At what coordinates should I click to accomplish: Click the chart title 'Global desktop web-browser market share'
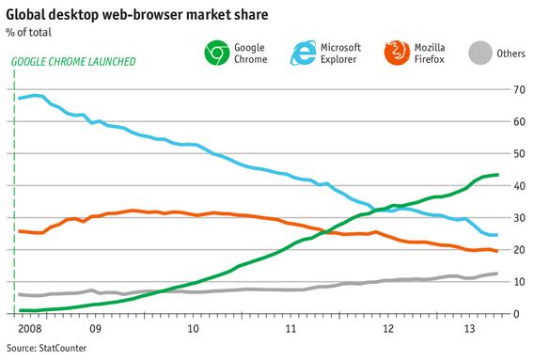point(133,15)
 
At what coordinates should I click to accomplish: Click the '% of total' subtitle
point(30,33)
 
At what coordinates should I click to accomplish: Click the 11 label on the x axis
point(291,329)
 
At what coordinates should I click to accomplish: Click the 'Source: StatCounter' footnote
point(45,349)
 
